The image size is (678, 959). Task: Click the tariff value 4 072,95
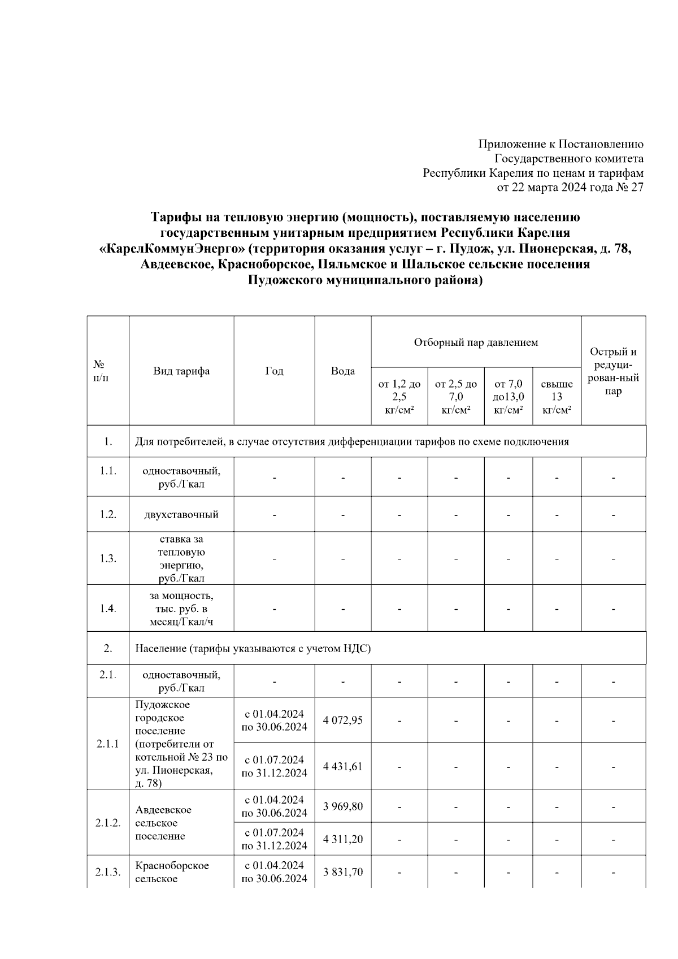[x=342, y=721]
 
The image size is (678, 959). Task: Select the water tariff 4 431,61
[x=342, y=766]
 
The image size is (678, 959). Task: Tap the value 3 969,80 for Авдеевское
[x=342, y=806]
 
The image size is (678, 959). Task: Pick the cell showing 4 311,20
[x=342, y=839]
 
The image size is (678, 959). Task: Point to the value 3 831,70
[x=342, y=872]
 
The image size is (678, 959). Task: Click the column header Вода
[x=342, y=371]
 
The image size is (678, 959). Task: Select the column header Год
[x=274, y=371]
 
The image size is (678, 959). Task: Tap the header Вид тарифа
[x=181, y=371]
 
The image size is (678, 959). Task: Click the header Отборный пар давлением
[x=476, y=342]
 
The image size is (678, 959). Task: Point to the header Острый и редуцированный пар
[x=613, y=371]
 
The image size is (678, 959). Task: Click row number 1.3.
[x=108, y=558]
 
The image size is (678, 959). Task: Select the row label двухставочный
[x=181, y=515]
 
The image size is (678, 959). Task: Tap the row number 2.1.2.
[x=108, y=823]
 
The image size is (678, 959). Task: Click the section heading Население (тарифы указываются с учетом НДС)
[x=253, y=649]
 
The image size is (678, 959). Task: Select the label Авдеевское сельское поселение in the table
[x=163, y=823]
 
